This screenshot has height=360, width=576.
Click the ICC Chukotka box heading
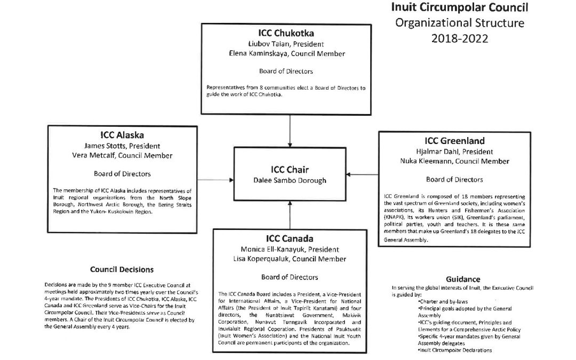(286, 33)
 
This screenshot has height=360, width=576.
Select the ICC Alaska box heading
(122, 135)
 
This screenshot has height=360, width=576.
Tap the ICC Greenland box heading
(454, 141)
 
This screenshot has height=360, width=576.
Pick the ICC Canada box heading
(290, 238)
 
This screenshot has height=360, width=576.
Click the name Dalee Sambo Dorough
(290, 180)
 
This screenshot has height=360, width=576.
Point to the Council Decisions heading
(122, 270)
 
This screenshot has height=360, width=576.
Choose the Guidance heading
(463, 279)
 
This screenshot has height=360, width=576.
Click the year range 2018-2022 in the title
(460, 38)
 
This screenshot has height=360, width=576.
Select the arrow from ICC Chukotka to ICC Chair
(290, 131)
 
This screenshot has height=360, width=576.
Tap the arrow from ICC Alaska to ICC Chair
(215, 180)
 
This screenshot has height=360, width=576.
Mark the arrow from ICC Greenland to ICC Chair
(362, 174)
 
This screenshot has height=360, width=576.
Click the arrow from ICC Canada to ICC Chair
(290, 215)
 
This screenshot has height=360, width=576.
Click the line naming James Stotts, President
(122, 146)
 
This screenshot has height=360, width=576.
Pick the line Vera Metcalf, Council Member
(122, 155)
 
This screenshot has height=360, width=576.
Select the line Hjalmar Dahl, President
(454, 151)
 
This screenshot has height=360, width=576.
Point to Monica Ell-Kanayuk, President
(290, 250)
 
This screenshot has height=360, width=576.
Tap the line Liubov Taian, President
(286, 44)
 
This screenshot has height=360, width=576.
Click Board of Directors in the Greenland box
(454, 180)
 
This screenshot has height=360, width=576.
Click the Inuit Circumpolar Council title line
(460, 7)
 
